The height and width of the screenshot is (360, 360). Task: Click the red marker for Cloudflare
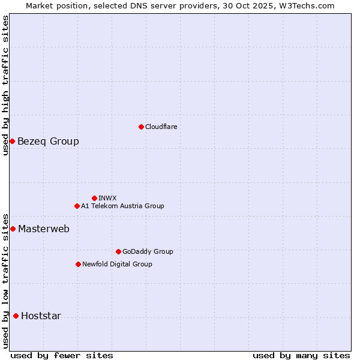141,127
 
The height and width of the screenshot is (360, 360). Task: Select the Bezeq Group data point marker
12,141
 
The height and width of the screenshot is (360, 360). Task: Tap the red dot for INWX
94,198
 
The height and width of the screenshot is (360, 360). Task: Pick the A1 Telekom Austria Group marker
77,206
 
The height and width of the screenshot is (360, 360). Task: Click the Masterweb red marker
13,229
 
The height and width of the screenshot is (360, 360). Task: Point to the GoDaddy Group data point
118,251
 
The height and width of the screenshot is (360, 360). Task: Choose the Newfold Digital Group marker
78,264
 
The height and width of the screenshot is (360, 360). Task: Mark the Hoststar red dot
16,316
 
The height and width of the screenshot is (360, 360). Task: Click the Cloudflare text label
161,127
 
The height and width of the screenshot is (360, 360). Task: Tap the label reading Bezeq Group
48,142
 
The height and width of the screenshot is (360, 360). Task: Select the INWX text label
107,198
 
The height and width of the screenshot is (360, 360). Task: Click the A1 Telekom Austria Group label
122,206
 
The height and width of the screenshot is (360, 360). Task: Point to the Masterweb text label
44,229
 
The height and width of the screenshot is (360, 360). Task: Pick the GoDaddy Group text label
148,251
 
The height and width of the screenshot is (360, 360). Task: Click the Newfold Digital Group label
117,264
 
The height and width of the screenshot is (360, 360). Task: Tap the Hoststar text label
41,316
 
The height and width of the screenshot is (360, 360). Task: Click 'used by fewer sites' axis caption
62,355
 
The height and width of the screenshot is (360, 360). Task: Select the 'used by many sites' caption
301,355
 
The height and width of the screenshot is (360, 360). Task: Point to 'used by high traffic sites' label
5,85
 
